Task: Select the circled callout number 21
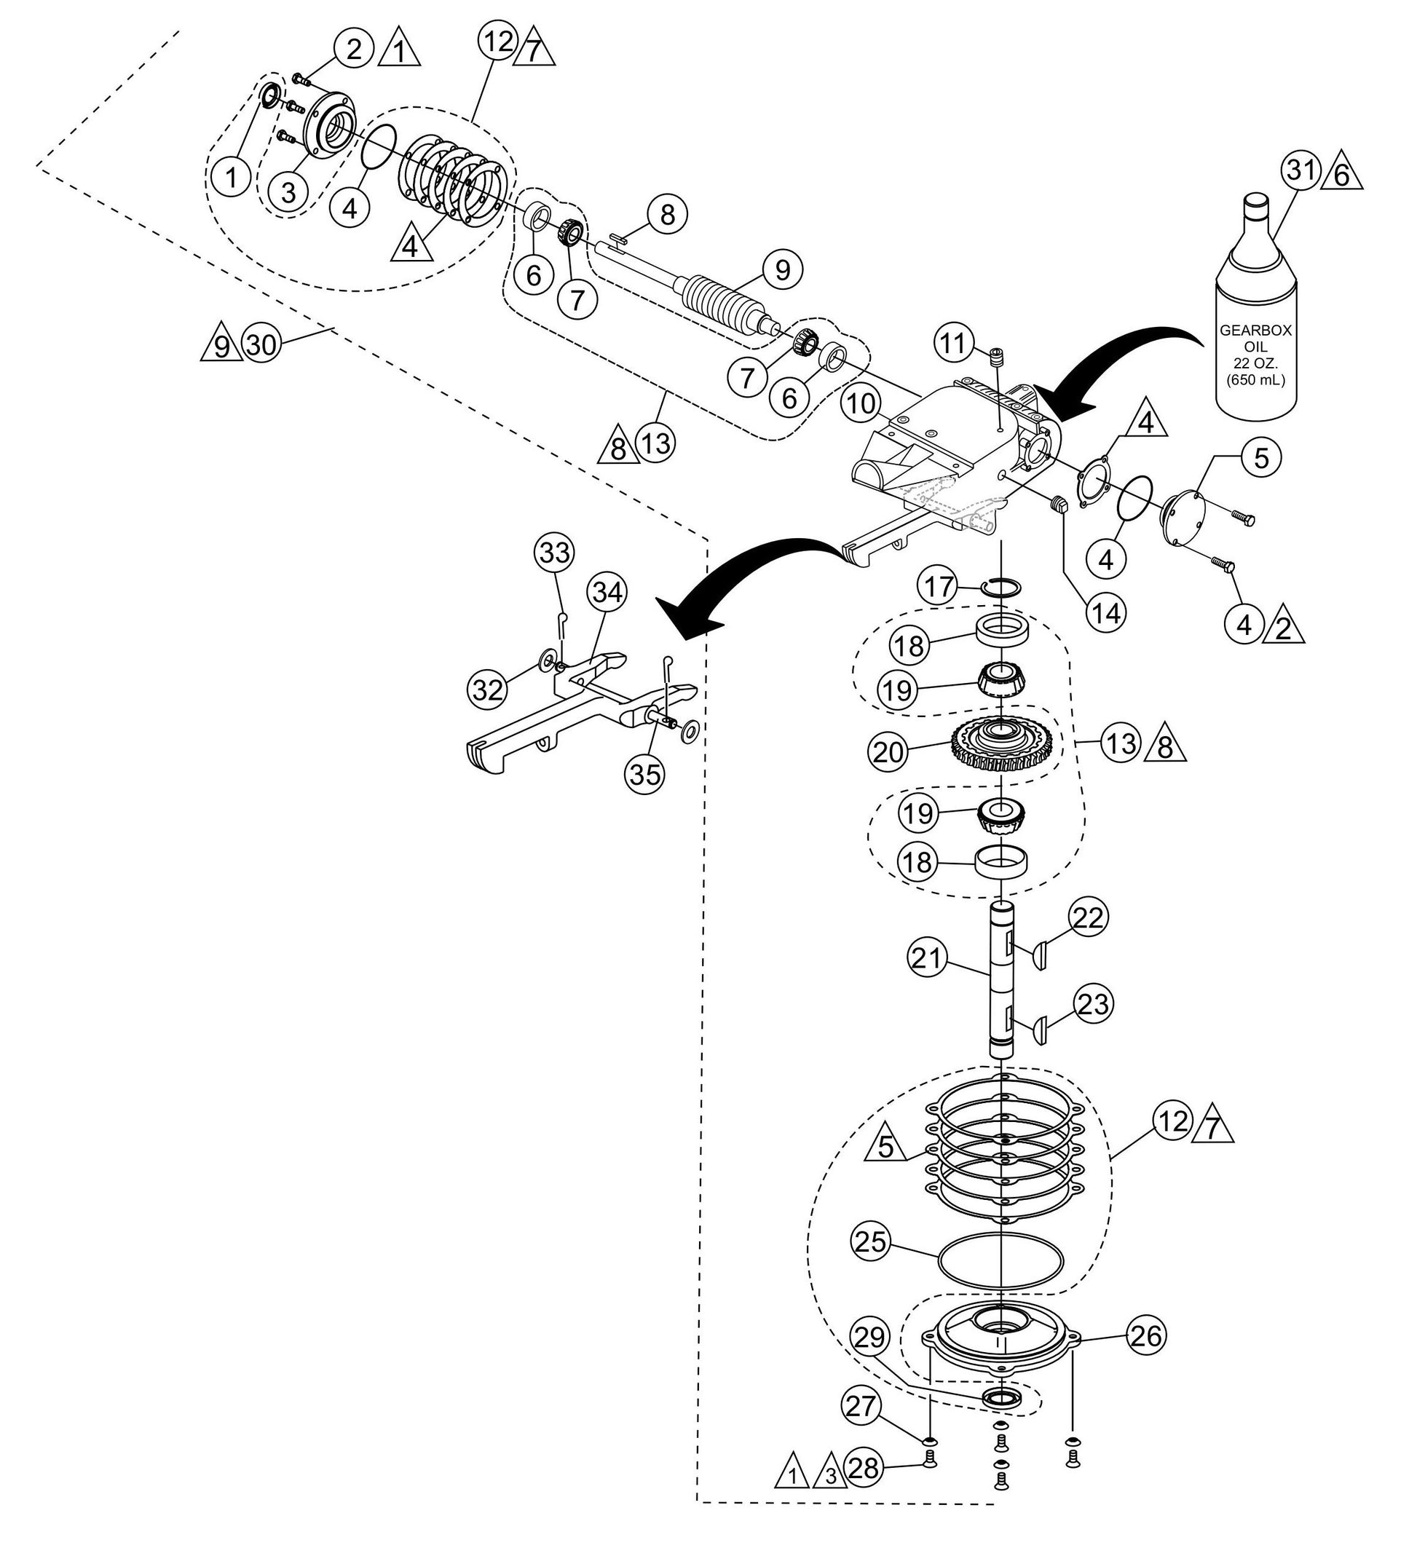coord(928,959)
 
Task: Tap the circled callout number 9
coord(782,269)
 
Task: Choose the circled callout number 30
coord(261,344)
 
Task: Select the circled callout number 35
coord(646,773)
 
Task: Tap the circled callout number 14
coord(1105,613)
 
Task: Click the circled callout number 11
coord(954,341)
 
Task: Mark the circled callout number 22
coord(1089,917)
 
